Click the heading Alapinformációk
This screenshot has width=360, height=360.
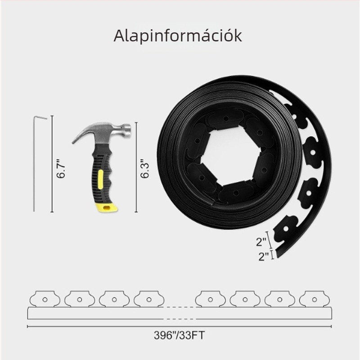pyautogui.click(x=178, y=36)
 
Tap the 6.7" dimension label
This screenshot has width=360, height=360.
pyautogui.click(x=61, y=168)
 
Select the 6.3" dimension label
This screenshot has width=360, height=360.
pyautogui.click(x=145, y=168)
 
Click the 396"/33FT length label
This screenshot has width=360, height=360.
pyautogui.click(x=179, y=335)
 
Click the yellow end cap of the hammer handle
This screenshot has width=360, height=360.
pyautogui.click(x=107, y=207)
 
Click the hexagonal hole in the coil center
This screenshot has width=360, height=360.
pyautogui.click(x=230, y=157)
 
